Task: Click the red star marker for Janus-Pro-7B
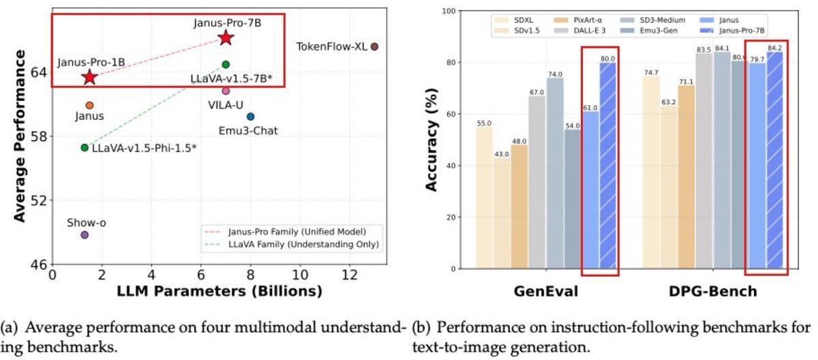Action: tap(226, 37)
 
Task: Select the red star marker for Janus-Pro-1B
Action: tap(89, 76)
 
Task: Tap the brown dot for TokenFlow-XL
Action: tap(374, 46)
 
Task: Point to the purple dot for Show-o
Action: tap(85, 235)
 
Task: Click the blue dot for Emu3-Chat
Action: tap(251, 117)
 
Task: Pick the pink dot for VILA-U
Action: tap(226, 90)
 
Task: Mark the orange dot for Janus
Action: tap(89, 105)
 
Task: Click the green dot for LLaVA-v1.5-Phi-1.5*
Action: tap(85, 147)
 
